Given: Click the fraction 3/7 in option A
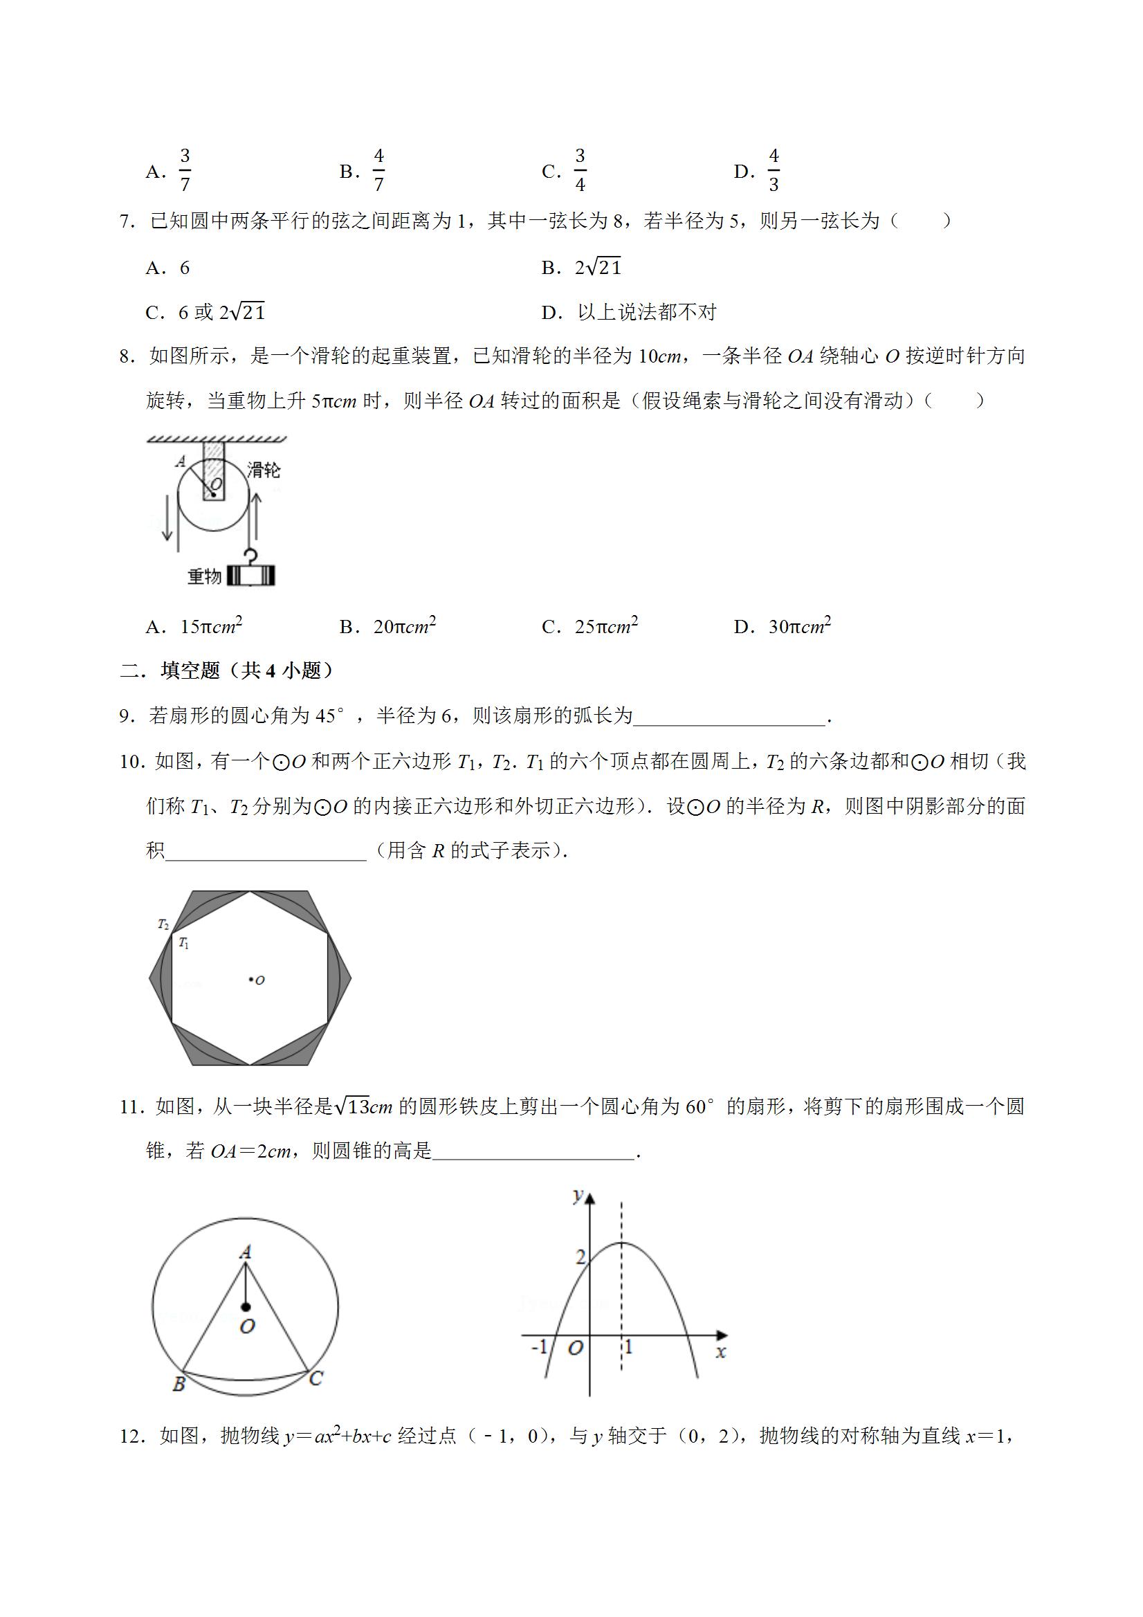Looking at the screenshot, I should [x=185, y=170].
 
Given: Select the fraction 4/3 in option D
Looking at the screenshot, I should [x=774, y=170].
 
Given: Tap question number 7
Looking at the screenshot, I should [x=127, y=221].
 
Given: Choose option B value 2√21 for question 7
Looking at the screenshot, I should [x=598, y=267].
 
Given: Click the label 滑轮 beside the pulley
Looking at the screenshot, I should [x=264, y=470].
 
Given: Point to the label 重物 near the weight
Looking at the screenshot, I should [x=204, y=576].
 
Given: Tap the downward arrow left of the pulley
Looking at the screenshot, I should [x=167, y=518].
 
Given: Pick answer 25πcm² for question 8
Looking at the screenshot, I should [x=605, y=626].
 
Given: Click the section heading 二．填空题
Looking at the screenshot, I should [x=226, y=670].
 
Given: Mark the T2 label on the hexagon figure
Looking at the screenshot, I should [x=163, y=924].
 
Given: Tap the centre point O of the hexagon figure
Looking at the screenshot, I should [x=251, y=979].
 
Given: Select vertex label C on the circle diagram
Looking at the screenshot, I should [x=316, y=1378].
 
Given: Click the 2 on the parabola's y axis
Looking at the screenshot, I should [x=580, y=1257].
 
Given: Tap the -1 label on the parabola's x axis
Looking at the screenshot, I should [x=539, y=1346].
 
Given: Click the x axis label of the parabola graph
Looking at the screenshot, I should [x=720, y=1351].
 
